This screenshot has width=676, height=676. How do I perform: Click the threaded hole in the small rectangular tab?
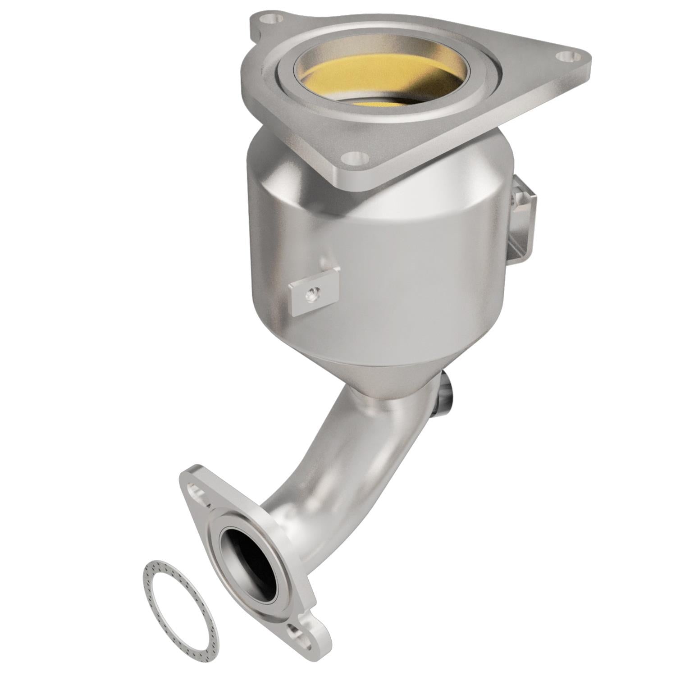click(311, 295)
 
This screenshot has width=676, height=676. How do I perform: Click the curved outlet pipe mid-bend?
click(343, 455)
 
